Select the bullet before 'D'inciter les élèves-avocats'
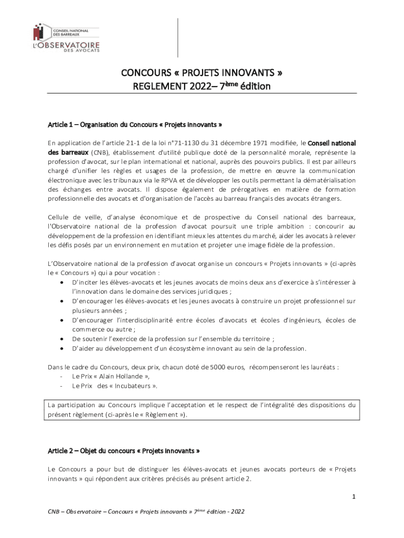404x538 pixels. [x=62, y=283]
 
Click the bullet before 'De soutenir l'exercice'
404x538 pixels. [x=62, y=339]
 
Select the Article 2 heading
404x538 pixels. [x=124, y=451]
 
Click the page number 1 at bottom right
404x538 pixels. [x=354, y=496]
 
